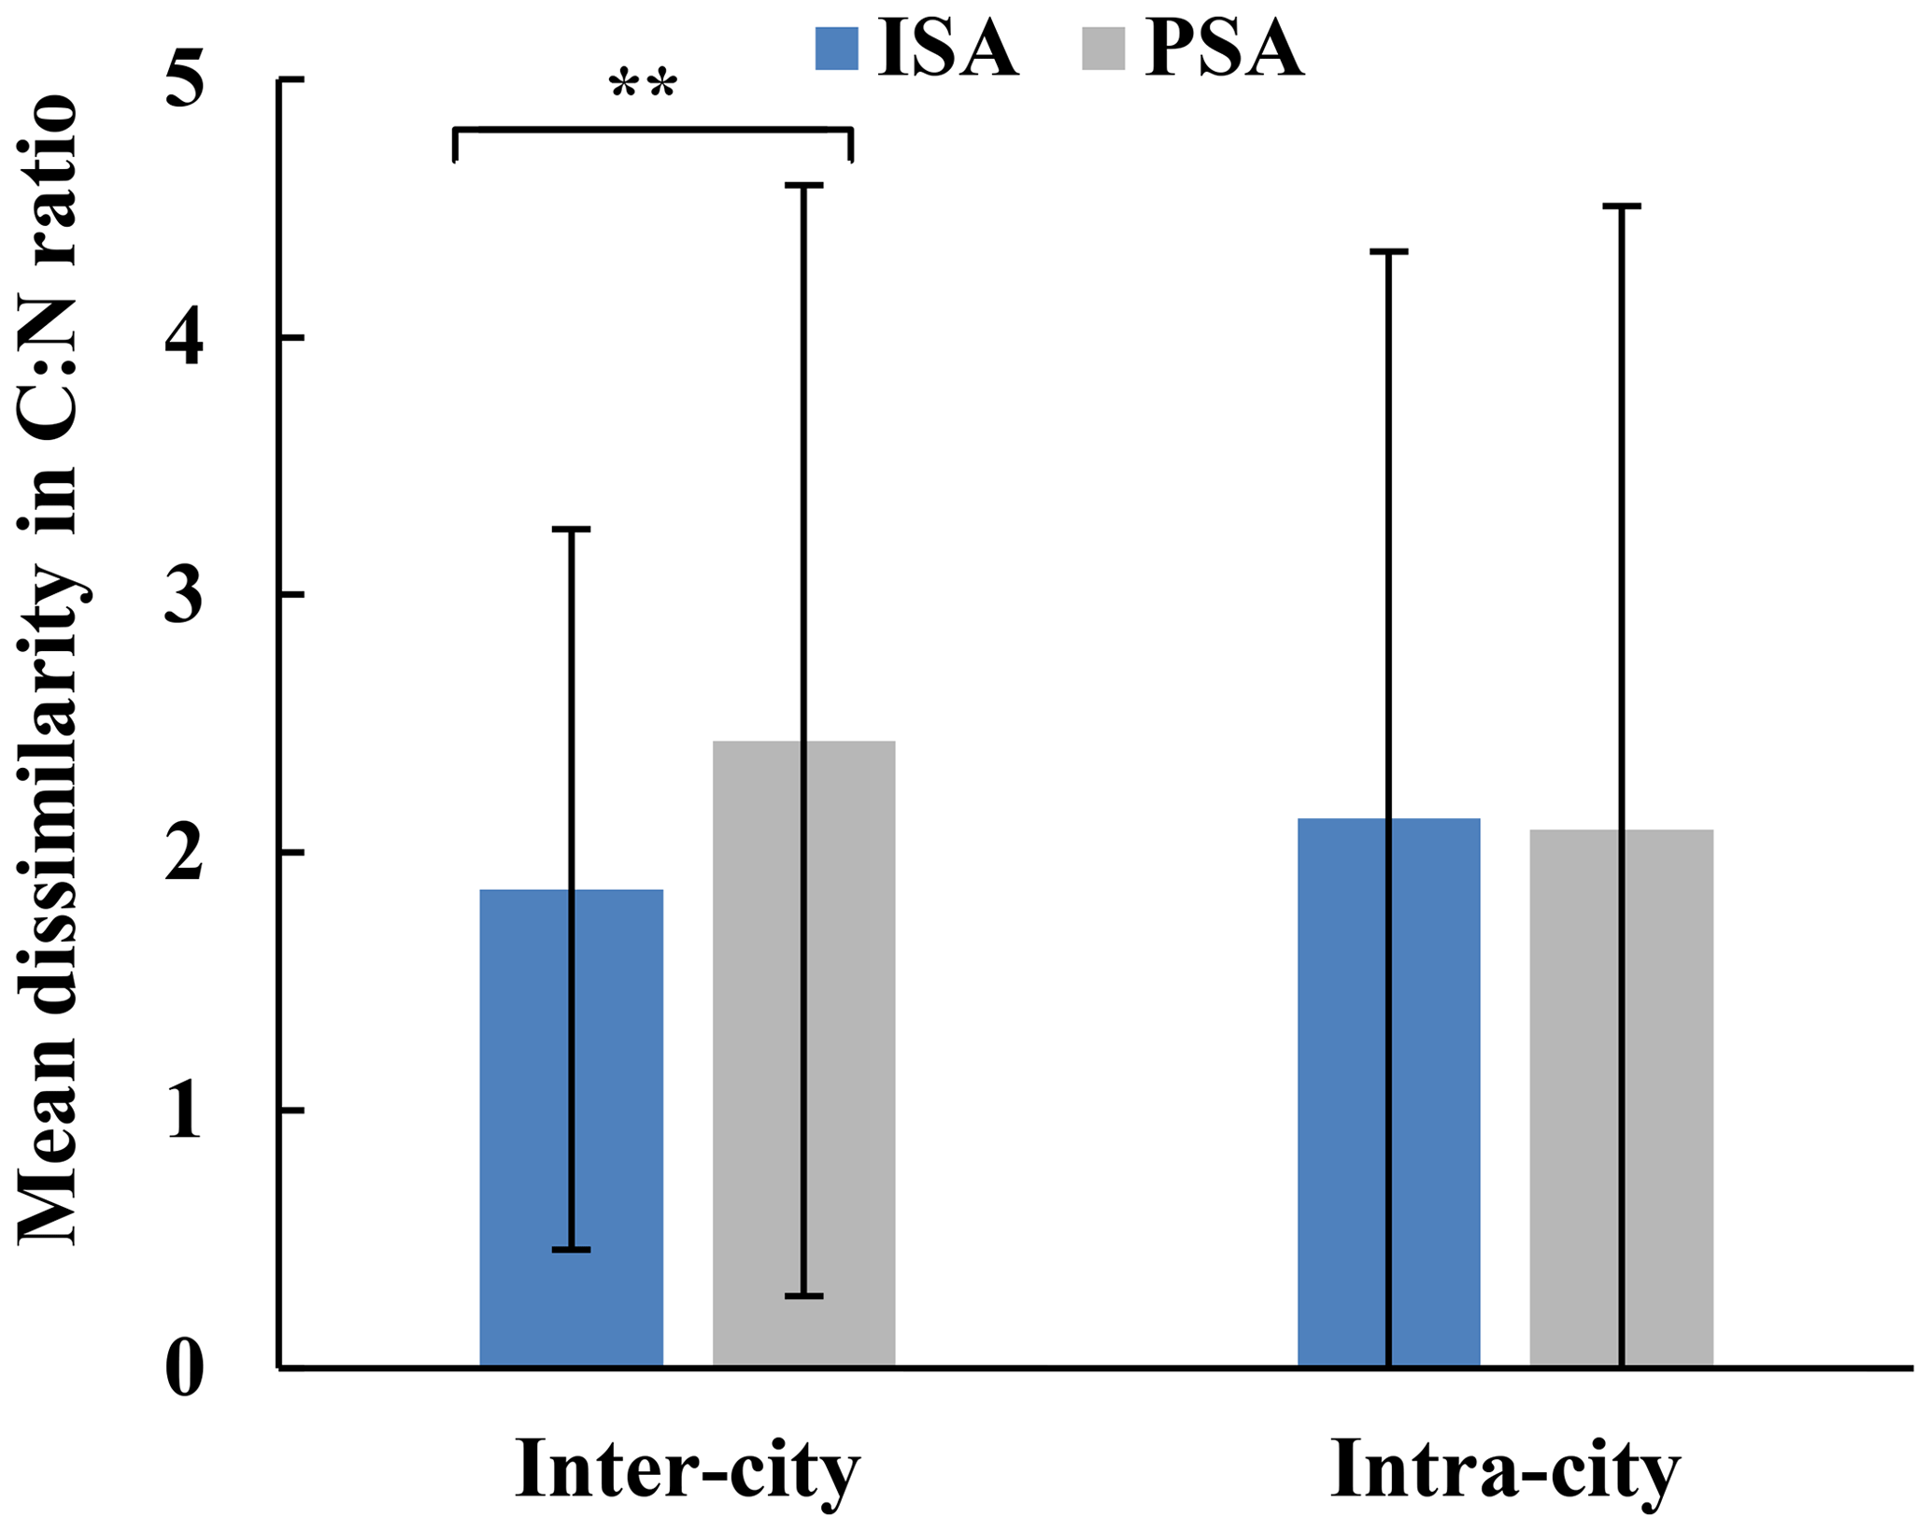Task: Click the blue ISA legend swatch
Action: pyautogui.click(x=836, y=49)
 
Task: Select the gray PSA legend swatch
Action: pyautogui.click(x=1103, y=49)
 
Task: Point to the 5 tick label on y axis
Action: pyautogui.click(x=183, y=82)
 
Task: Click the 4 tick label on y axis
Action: pyautogui.click(x=183, y=339)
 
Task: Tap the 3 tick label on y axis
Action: pyautogui.click(x=183, y=596)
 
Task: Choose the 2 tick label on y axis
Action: pyautogui.click(x=183, y=853)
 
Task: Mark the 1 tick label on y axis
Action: pyautogui.click(x=183, y=1112)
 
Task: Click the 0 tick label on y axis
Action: pyautogui.click(x=183, y=1369)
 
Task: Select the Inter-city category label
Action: pyautogui.click(x=688, y=1469)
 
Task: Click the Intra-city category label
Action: pyautogui.click(x=1505, y=1469)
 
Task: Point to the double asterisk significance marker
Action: pyautogui.click(x=643, y=87)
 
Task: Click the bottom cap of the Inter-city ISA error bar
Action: pyautogui.click(x=571, y=1249)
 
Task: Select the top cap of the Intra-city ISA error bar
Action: pyautogui.click(x=1388, y=252)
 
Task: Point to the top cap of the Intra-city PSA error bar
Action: pyautogui.click(x=1621, y=206)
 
